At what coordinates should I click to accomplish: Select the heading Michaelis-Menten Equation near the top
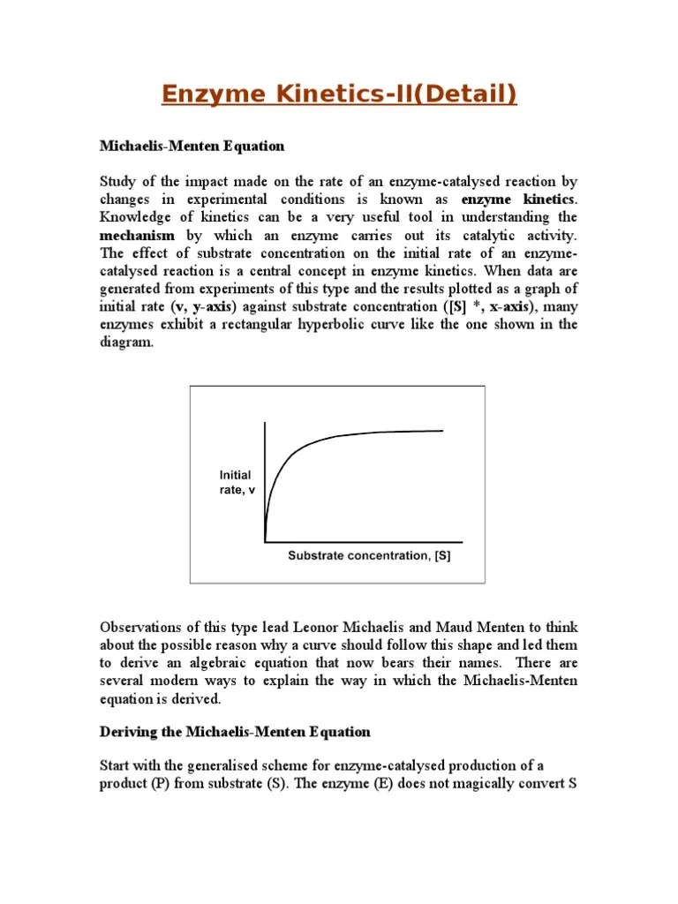tap(192, 145)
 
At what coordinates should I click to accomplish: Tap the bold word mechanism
tap(137, 236)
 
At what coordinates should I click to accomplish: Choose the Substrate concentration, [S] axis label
tap(369, 555)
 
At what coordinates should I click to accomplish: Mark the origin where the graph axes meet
tap(266, 541)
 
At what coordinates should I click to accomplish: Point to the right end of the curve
tap(442, 430)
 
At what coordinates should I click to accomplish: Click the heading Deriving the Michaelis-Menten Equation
tap(235, 733)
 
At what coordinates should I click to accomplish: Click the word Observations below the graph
tap(140, 628)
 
